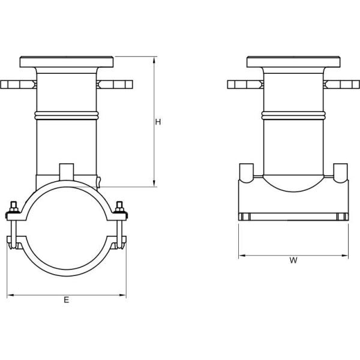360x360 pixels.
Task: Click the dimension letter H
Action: [x=158, y=122]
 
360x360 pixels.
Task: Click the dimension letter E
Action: [x=66, y=300]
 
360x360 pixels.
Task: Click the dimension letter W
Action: [x=293, y=260]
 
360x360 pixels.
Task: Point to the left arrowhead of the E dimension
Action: [x=10, y=295]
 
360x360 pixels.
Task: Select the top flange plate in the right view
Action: [x=293, y=62]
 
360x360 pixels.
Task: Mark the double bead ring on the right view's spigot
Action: [x=293, y=115]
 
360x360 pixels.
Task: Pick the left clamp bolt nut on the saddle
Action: [x=12, y=211]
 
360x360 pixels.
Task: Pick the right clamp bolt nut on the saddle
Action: [x=120, y=209]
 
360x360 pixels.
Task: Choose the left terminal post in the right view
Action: [x=246, y=172]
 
